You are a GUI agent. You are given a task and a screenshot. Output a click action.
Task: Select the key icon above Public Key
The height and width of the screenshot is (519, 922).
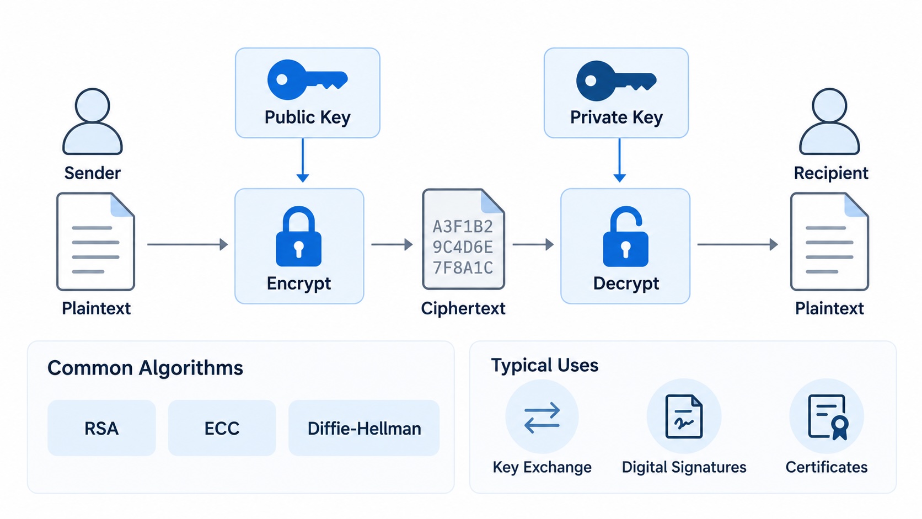coord(307,79)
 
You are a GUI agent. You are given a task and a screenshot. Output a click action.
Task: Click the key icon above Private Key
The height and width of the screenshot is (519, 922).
coord(616,81)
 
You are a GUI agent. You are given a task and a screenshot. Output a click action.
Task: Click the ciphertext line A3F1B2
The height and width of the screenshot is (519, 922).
coord(463,226)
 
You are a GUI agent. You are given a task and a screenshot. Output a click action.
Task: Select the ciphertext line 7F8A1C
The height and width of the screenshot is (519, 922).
coord(463,268)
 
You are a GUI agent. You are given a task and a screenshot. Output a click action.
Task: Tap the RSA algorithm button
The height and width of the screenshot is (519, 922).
coord(101,428)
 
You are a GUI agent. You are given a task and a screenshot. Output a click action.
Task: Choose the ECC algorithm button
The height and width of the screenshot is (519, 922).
coord(222,428)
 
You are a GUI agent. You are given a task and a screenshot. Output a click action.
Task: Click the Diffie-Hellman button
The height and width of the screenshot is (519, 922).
coord(364,428)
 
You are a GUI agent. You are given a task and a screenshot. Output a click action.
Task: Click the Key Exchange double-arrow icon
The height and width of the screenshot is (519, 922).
coord(542,418)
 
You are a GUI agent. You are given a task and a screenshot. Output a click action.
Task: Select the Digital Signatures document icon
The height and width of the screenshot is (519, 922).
coord(684,416)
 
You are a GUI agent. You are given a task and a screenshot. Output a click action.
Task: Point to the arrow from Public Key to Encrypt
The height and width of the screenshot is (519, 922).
coord(303,160)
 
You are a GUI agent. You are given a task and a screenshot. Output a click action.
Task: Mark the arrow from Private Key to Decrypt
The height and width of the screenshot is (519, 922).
coord(619,160)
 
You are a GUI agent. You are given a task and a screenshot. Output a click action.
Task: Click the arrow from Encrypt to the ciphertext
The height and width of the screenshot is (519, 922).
coord(392,244)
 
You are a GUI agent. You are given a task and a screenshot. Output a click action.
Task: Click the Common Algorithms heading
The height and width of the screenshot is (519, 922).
coord(145,368)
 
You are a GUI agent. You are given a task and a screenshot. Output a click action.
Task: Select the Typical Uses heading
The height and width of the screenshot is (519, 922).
coord(545,365)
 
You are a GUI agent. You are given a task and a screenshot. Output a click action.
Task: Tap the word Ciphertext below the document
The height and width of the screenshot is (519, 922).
coord(463,308)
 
